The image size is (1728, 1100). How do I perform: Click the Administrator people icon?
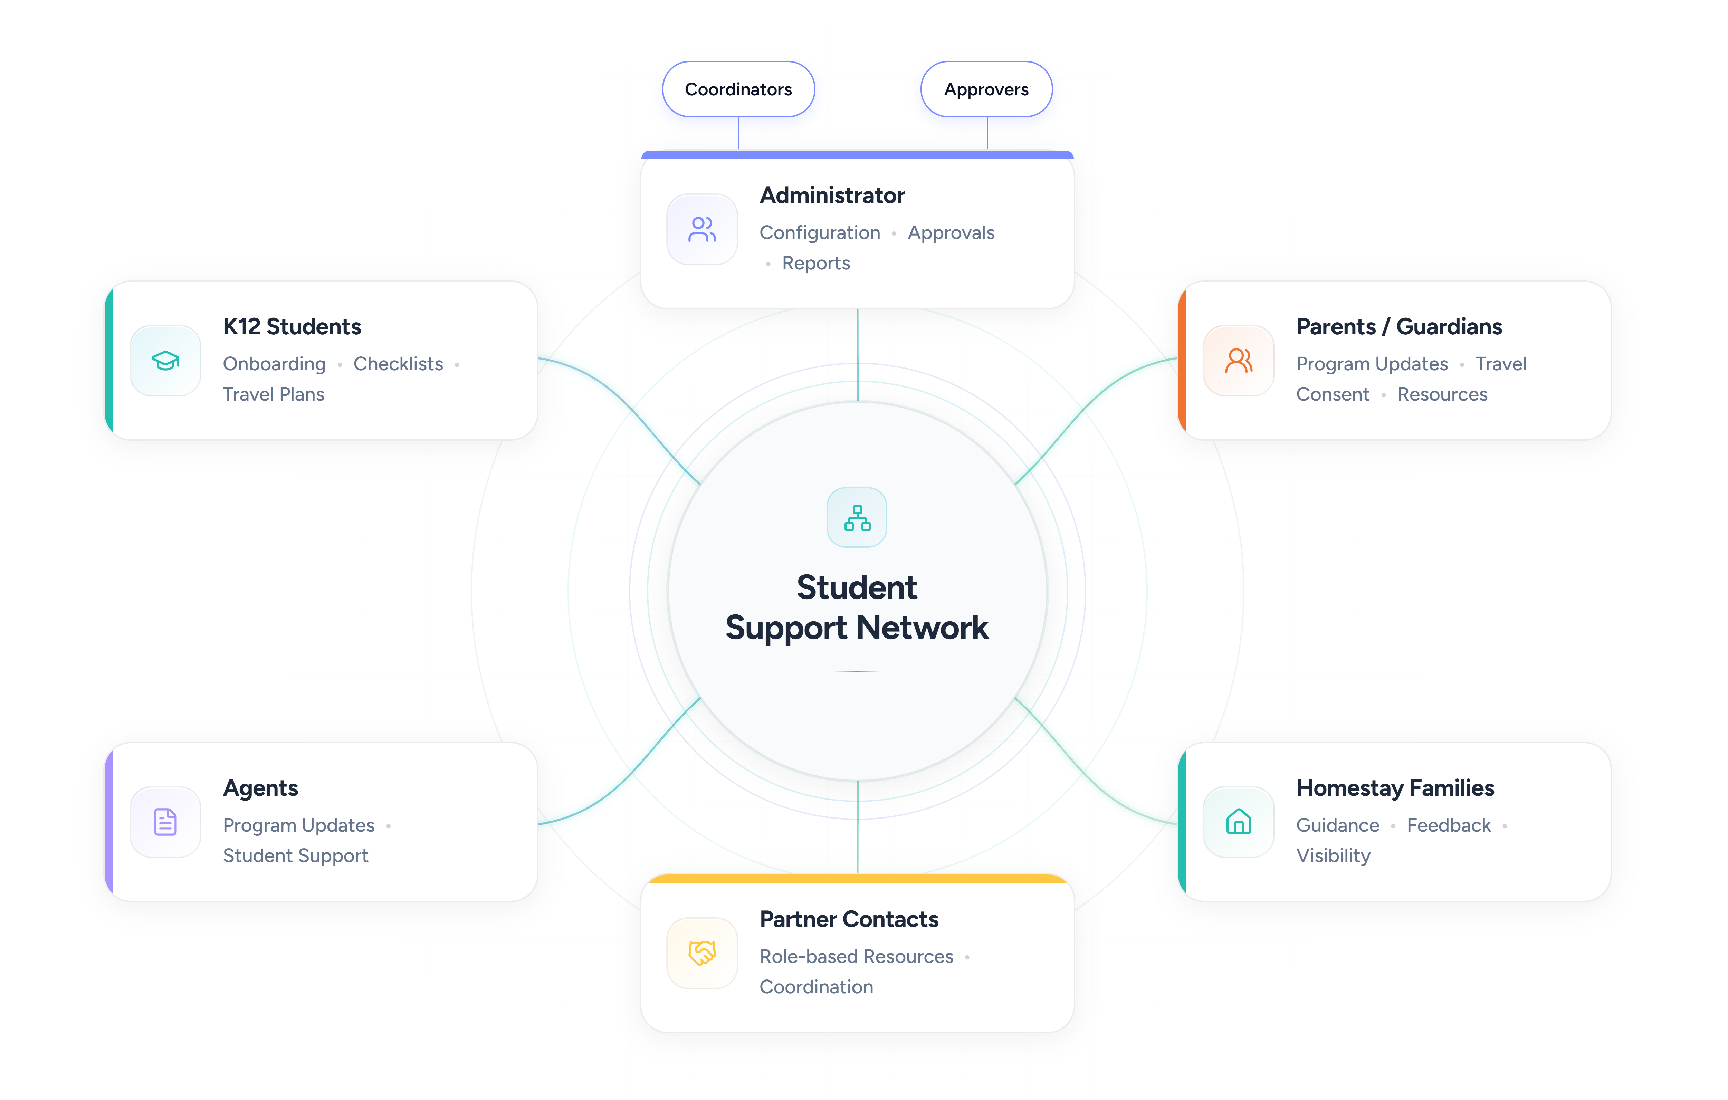tap(702, 230)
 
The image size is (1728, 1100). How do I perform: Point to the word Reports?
tap(816, 263)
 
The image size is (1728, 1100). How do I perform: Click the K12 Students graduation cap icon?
tap(165, 360)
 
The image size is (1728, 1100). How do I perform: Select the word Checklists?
tap(398, 364)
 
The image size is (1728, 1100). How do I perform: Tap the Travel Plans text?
tap(274, 394)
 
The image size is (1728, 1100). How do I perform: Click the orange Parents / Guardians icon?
tap(1239, 360)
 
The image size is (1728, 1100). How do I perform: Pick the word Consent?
tap(1333, 394)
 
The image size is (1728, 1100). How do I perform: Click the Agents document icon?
tap(165, 822)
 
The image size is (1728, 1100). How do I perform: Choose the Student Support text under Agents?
tap(296, 855)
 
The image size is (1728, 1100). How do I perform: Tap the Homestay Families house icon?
tap(1239, 822)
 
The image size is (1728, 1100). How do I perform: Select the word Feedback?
tap(1449, 825)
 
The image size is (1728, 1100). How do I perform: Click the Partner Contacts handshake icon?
tap(702, 953)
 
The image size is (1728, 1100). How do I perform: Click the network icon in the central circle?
tap(857, 517)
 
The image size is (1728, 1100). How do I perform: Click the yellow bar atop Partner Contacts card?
tap(857, 878)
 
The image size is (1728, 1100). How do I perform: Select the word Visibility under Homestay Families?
tap(1333, 855)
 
